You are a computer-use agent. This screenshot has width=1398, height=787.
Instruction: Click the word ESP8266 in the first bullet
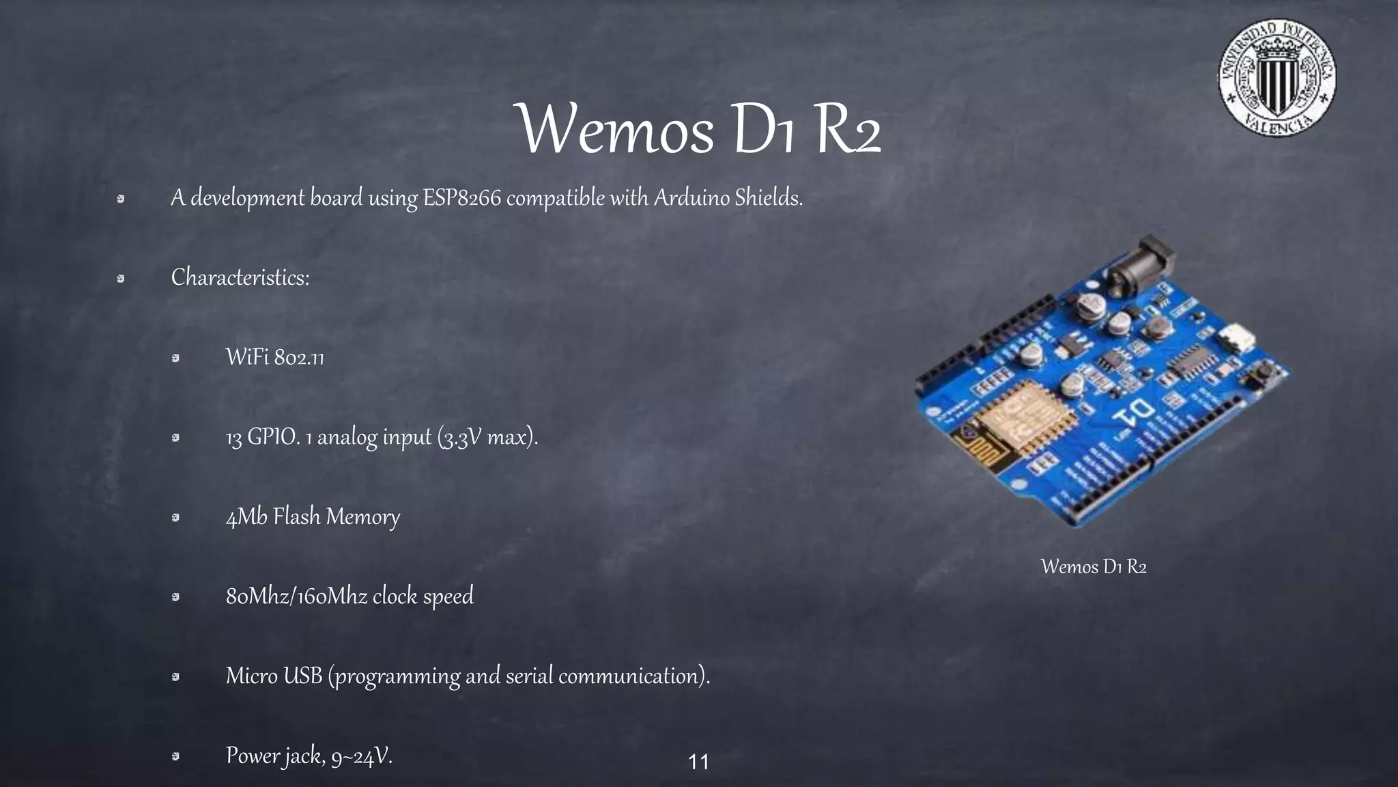pos(462,198)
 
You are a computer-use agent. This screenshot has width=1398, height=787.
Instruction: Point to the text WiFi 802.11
pos(274,357)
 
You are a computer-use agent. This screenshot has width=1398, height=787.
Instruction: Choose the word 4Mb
pos(246,516)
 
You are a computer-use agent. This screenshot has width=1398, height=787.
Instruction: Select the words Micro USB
pos(274,676)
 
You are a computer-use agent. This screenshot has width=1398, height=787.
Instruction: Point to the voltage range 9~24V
pos(361,756)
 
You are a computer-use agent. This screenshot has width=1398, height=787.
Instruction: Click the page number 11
pos(698,762)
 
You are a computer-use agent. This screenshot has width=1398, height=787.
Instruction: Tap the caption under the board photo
pos(1093,566)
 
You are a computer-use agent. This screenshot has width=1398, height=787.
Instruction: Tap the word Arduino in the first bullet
pos(691,198)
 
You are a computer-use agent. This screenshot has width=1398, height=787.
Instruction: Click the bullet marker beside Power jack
pos(175,756)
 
